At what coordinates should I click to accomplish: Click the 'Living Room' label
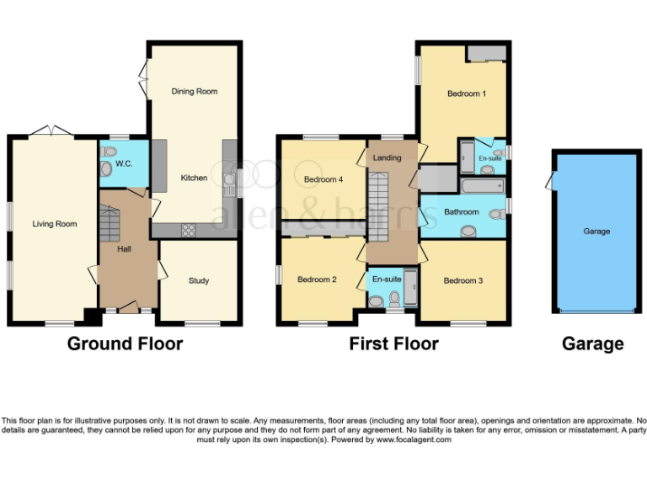55,224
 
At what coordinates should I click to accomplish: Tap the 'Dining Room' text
194,91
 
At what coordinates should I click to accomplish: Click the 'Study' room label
198,280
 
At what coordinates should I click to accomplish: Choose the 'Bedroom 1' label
466,93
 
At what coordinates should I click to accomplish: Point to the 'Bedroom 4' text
323,179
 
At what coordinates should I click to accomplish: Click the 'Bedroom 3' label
463,280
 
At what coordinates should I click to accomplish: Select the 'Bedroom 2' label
317,280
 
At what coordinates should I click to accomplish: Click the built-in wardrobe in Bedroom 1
487,54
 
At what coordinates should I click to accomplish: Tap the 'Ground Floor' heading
125,344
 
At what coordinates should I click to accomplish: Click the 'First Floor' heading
393,344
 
